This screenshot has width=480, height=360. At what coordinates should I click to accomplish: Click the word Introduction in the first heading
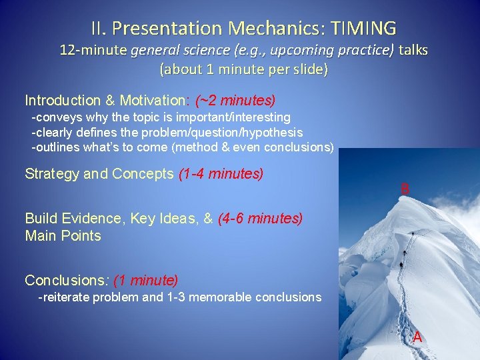[62, 101]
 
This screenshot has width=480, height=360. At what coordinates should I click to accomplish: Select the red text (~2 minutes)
[235, 101]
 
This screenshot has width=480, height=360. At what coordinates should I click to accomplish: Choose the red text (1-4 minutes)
[221, 174]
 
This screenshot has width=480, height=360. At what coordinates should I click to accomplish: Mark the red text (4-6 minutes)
[260, 218]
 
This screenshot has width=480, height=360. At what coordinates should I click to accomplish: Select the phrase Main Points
[63, 235]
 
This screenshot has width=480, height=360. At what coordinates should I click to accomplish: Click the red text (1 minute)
[146, 279]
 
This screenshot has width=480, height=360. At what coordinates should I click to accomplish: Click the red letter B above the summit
[405, 189]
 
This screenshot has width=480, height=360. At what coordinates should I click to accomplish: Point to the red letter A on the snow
[417, 337]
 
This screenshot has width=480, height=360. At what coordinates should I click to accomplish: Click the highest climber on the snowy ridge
[413, 234]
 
